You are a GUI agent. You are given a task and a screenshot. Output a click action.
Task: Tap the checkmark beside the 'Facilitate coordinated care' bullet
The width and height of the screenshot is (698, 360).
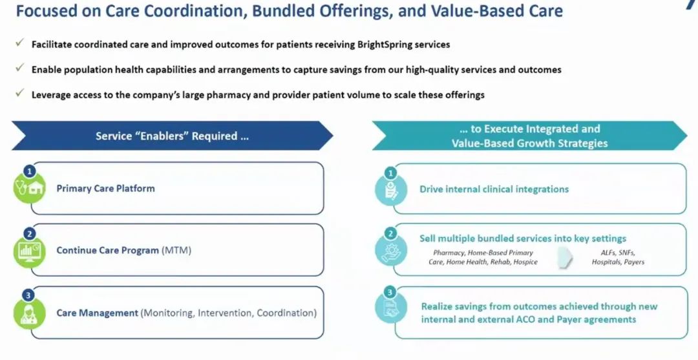pos(19,42)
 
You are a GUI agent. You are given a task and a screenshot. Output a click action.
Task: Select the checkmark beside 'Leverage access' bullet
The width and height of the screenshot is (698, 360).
pos(19,92)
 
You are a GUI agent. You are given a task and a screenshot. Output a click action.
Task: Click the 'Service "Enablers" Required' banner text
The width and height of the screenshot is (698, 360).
pos(172,136)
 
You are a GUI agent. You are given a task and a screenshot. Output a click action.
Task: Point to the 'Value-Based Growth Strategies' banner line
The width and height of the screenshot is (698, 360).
pos(530,143)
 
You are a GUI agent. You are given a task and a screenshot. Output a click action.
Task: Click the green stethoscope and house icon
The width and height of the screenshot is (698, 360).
pos(29,188)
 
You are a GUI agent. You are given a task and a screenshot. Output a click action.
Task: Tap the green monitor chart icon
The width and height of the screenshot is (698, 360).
pos(29,251)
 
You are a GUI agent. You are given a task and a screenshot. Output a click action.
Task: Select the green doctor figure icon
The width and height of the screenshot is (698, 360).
pos(29,313)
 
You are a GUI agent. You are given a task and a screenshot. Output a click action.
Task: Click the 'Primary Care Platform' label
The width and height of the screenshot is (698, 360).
pos(105,188)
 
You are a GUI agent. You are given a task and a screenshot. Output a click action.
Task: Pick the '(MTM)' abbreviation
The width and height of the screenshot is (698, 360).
pos(176,250)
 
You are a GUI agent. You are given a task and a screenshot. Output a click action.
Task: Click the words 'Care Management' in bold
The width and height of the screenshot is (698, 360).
pos(97,313)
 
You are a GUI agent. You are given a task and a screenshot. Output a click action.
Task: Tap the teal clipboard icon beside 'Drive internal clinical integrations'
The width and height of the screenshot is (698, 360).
pos(391,190)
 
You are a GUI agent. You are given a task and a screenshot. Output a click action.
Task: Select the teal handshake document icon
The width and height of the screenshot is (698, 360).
pos(391,308)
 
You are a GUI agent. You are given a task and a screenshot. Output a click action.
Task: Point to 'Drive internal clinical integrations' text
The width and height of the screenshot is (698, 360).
pos(494,189)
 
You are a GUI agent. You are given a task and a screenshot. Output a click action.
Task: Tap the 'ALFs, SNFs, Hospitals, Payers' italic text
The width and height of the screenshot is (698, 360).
pos(618,257)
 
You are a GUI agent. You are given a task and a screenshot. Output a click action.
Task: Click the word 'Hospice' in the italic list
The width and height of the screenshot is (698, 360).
pos(525,262)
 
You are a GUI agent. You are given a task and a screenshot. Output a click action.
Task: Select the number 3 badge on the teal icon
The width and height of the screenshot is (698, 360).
pos(390,292)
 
